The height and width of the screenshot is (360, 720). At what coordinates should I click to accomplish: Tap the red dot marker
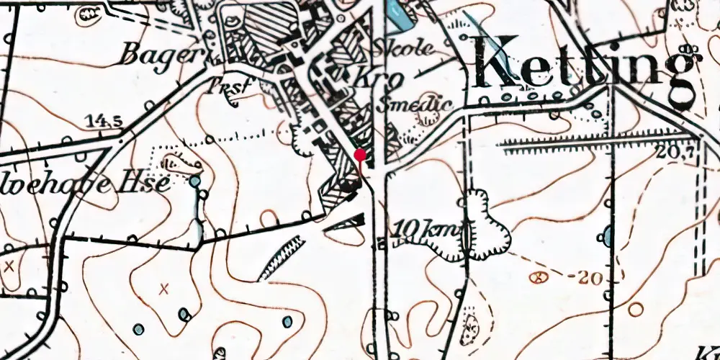point(361,154)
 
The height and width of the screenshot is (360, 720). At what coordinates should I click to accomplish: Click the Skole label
point(405,50)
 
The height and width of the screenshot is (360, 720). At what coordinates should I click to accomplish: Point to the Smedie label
point(413,105)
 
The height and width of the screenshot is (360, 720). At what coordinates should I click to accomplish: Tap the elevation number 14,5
point(103,121)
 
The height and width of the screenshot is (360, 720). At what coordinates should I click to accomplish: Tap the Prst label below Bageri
point(227,86)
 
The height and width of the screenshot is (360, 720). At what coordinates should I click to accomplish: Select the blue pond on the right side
point(608,235)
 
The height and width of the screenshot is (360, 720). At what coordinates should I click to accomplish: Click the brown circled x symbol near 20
point(536,276)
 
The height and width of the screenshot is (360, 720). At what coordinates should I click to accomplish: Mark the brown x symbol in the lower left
point(164,289)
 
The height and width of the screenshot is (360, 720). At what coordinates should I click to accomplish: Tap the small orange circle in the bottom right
point(635,310)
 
